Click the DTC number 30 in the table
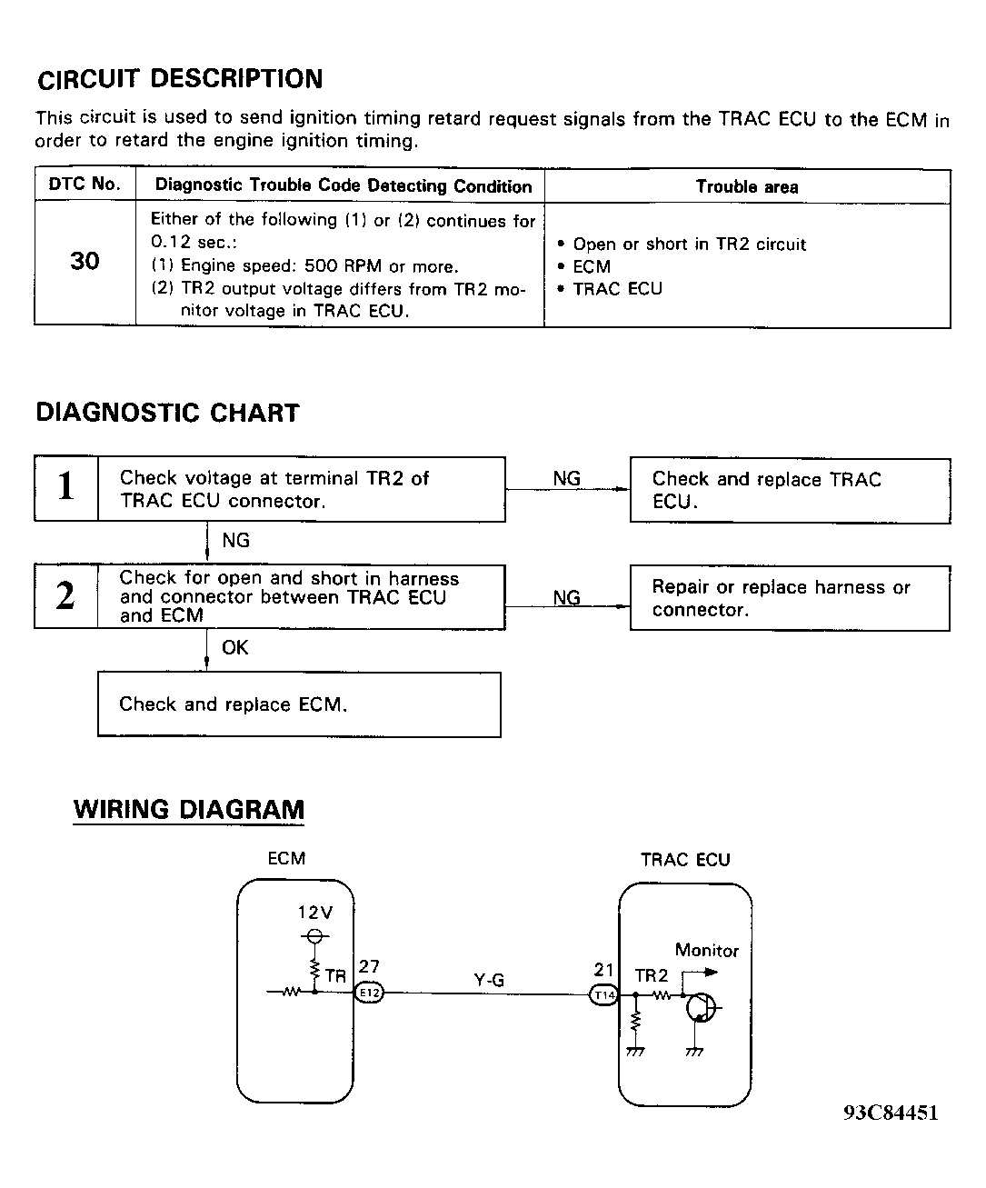[x=85, y=262]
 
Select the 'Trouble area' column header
[x=747, y=187]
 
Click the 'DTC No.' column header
[x=85, y=185]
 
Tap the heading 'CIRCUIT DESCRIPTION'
[x=180, y=79]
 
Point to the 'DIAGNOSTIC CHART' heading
[x=167, y=413]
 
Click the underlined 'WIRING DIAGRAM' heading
[x=189, y=810]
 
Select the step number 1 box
[x=65, y=488]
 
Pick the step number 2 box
[x=65, y=596]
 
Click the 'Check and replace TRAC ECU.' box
[x=790, y=491]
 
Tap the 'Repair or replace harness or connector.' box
[x=790, y=598]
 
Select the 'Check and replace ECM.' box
[x=299, y=704]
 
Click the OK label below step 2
[x=234, y=648]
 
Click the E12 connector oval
[x=368, y=993]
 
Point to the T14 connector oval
[x=604, y=994]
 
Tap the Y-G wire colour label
[x=489, y=980]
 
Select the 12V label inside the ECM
[x=315, y=913]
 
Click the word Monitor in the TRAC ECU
[x=706, y=951]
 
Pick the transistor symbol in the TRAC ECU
[x=701, y=1007]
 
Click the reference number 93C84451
[x=891, y=1113]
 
